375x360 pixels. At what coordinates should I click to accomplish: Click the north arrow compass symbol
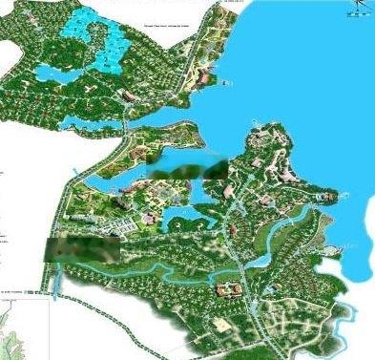(359, 8)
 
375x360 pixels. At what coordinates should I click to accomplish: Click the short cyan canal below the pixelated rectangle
(59, 280)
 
